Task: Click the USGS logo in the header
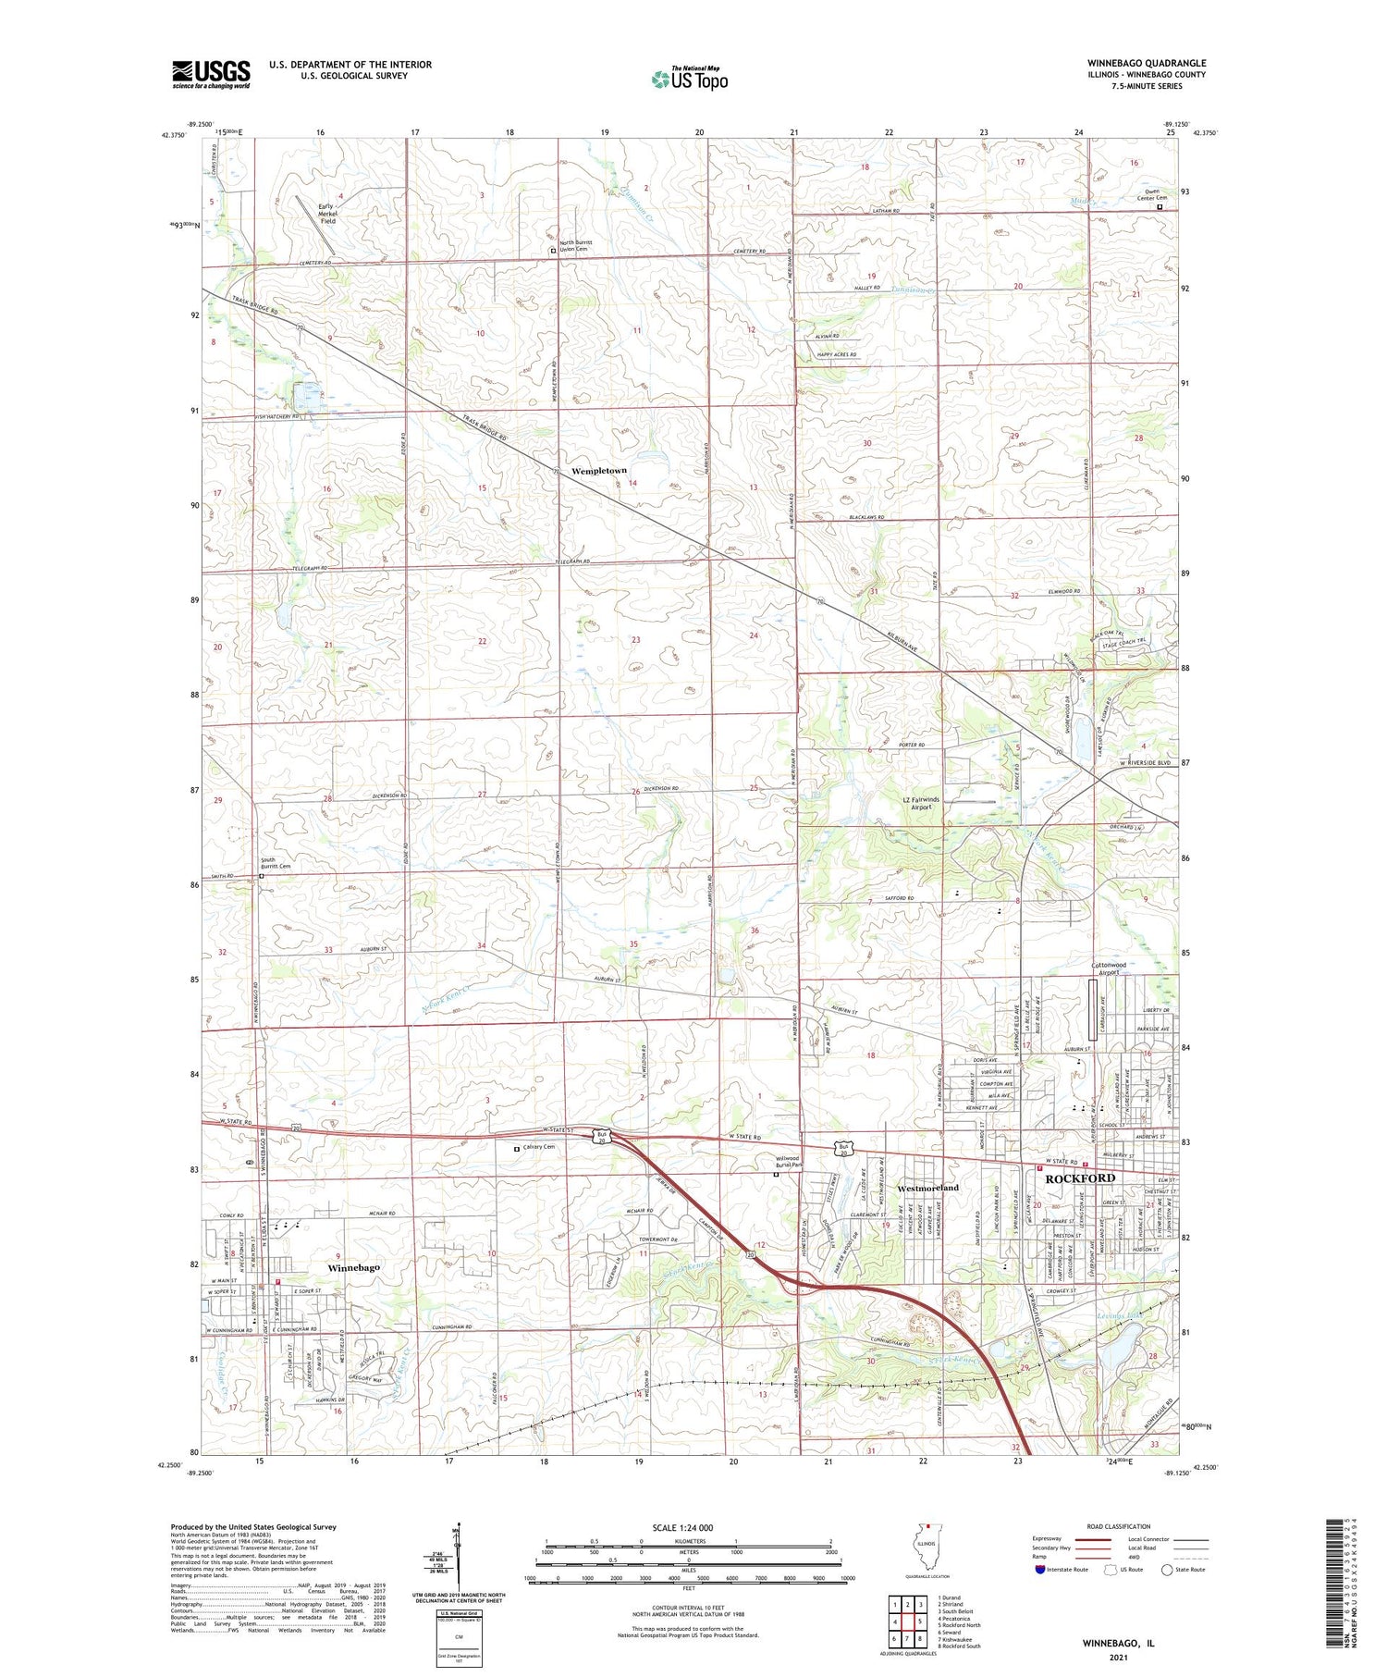click(211, 74)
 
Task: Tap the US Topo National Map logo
click(690, 78)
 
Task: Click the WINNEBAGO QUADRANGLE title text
click(1147, 63)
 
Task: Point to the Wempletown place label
click(599, 471)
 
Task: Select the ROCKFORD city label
click(1080, 1178)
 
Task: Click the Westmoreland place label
click(928, 1187)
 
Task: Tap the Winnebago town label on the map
click(354, 1267)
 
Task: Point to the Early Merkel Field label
click(328, 214)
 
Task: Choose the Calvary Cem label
click(538, 1147)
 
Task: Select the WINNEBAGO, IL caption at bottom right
click(1118, 1645)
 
